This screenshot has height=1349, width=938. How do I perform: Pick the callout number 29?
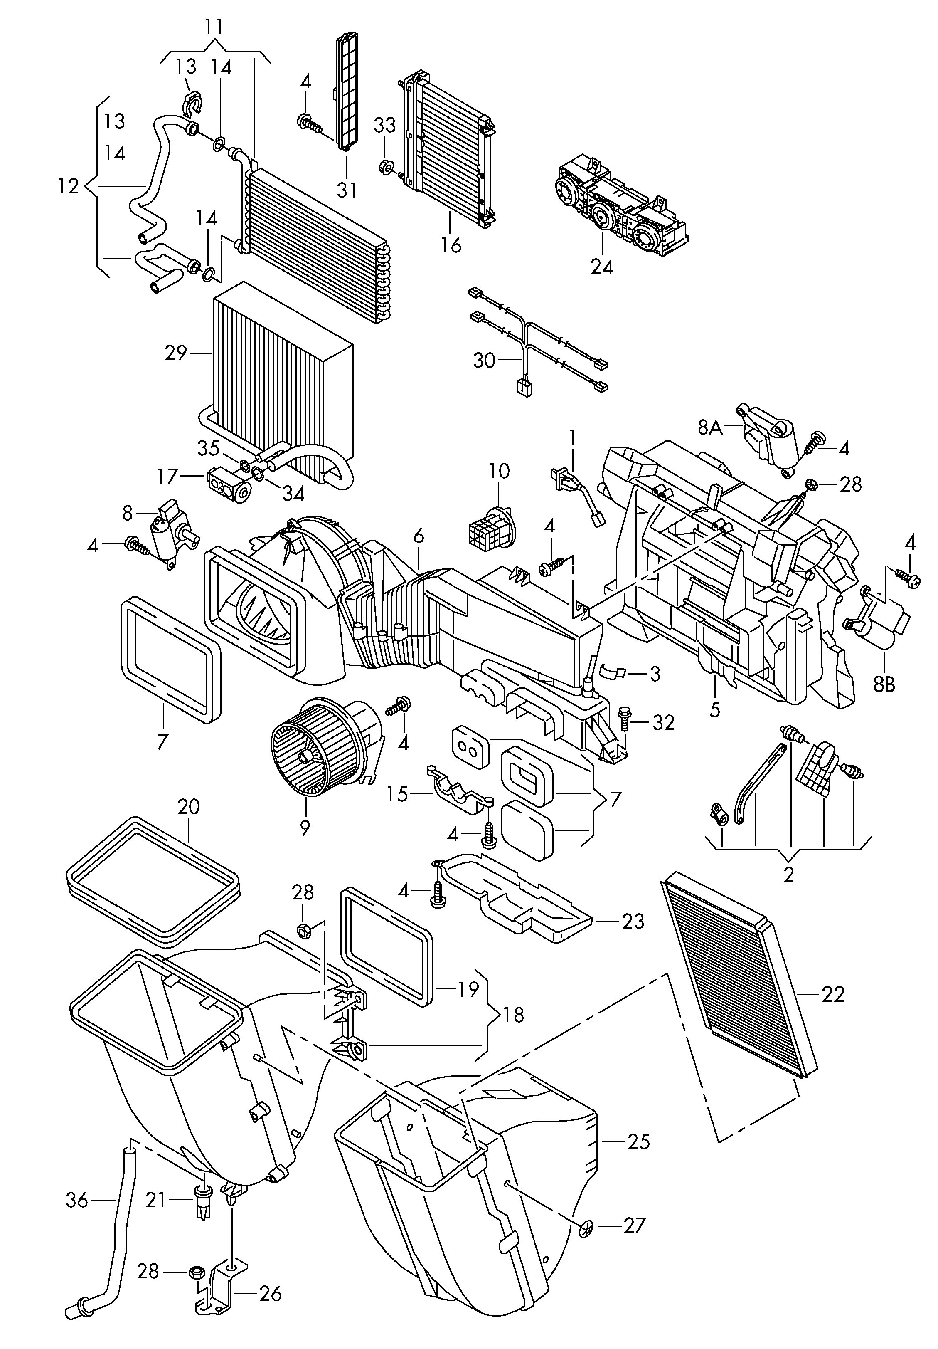point(176,353)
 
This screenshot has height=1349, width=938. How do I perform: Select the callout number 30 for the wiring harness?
point(485,360)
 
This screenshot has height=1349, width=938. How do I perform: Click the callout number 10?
point(499,471)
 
